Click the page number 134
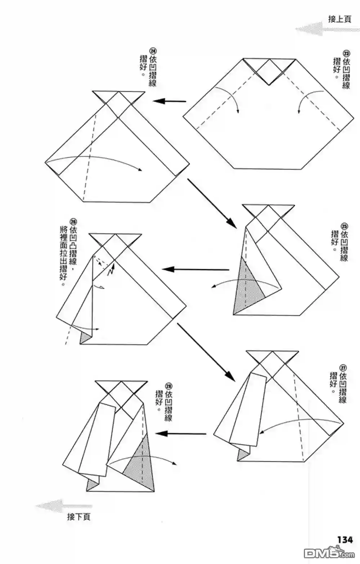[x=345, y=540]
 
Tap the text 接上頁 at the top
[x=339, y=19]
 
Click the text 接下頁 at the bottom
[x=78, y=517]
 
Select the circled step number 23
[x=347, y=52]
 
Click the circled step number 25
[x=344, y=226]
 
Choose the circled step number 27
[x=343, y=367]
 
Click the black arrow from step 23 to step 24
[x=169, y=101]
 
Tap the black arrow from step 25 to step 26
[x=195, y=269]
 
